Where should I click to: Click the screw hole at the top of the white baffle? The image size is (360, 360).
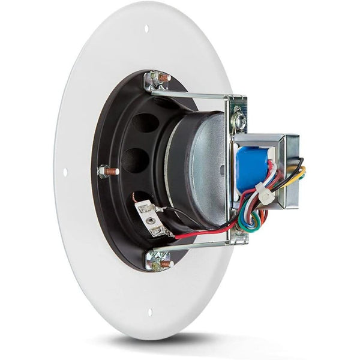tap(146, 28)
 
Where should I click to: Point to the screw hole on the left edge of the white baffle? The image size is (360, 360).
tap(65, 172)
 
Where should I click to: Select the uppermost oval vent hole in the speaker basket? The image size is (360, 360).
tap(145, 123)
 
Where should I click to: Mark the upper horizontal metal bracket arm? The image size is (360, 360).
tap(192, 94)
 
